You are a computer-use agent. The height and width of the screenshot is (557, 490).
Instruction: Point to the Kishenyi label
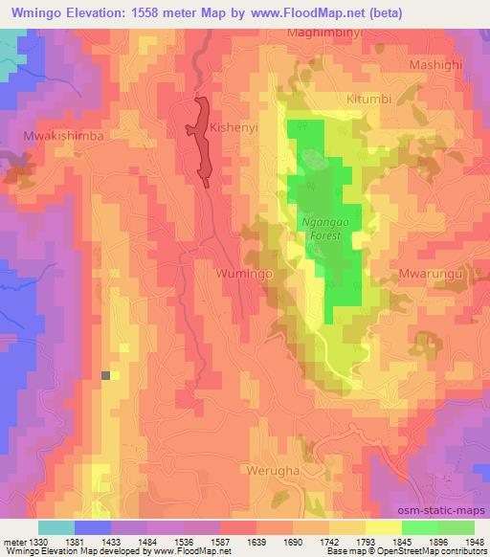point(237,125)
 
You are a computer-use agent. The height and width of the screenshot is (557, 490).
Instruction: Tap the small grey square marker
point(106,375)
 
